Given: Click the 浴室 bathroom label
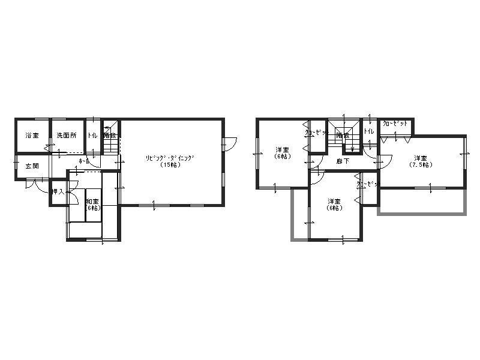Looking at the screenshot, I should click(32, 136).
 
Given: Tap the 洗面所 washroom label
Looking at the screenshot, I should click(67, 136).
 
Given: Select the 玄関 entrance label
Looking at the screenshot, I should click(32, 166).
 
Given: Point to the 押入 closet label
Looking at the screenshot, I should click(58, 192).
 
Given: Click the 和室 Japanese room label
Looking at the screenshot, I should click(92, 202).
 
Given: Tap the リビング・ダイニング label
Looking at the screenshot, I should click(171, 158).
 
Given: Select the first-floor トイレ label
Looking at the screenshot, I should click(94, 136).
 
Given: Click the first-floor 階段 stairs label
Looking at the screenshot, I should click(110, 136).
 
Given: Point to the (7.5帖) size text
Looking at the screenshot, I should click(419, 165).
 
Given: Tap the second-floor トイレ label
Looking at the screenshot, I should click(369, 131).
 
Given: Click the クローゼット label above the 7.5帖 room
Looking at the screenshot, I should click(396, 124).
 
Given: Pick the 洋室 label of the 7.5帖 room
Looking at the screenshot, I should click(419, 158).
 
